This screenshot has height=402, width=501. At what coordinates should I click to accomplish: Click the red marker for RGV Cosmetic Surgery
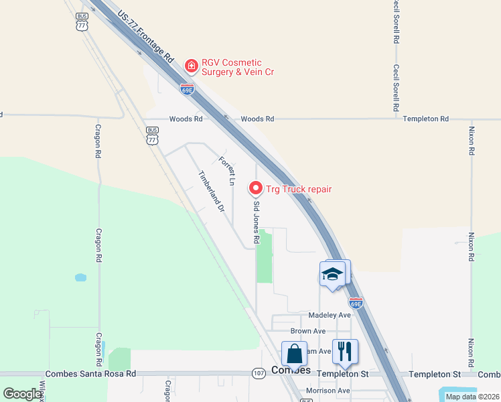coord(191,66)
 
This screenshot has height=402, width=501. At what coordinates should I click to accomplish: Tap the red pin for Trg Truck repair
coord(255,188)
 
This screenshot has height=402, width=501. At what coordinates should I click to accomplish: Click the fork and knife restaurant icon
coord(345,350)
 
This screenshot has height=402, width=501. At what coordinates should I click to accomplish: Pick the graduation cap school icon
coord(333,274)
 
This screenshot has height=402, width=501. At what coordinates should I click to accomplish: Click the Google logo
coord(23,394)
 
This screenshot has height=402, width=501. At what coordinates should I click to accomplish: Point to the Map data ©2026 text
coord(472,397)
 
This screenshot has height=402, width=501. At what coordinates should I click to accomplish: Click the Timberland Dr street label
coord(210,191)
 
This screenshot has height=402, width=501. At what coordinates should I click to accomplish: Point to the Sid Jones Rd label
coord(255,223)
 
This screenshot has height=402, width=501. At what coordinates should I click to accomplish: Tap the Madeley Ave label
coord(330,315)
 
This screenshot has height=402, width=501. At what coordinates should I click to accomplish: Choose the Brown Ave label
coord(307,331)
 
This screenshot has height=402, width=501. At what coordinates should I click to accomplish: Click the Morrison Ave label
coord(328,391)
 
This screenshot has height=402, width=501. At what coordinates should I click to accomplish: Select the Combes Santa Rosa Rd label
coord(90,374)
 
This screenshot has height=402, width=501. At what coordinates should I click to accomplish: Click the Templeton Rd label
coord(425,119)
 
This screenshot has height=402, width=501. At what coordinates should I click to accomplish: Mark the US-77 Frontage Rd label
coord(145,36)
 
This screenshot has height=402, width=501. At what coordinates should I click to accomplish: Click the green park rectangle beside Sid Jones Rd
coord(265,256)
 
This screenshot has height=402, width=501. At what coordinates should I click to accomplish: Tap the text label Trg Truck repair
coord(299,189)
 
